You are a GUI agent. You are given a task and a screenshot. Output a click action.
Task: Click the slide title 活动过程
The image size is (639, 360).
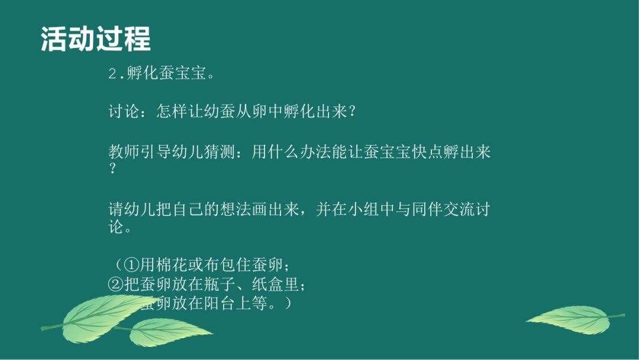tap(95, 39)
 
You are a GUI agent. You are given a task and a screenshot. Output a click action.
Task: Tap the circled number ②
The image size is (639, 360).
tap(115, 285)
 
